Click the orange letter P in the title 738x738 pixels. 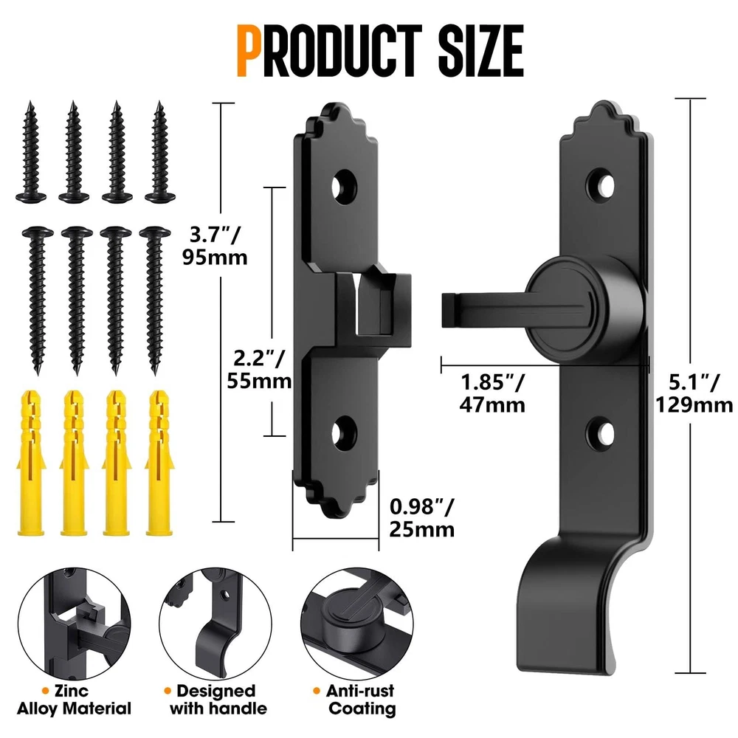click(251, 51)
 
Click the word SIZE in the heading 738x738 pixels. click(481, 51)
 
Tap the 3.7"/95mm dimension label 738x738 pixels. click(215, 246)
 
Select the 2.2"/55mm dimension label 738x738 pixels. click(259, 370)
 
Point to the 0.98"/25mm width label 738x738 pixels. click(421, 518)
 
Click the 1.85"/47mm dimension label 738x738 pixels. click(492, 393)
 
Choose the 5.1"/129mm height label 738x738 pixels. click(694, 393)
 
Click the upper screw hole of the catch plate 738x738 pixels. click(344, 187)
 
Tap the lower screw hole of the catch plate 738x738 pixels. click(344, 433)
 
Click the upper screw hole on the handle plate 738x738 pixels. click(602, 185)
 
